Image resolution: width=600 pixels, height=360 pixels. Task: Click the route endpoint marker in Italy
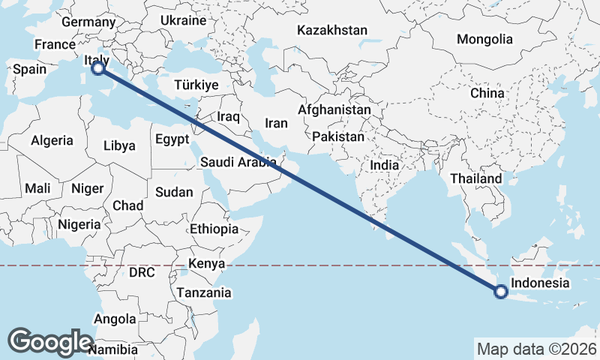click(98, 69)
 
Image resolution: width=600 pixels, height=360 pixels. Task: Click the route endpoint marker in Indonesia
click(500, 292)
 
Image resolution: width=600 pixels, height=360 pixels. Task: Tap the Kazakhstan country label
click(332, 31)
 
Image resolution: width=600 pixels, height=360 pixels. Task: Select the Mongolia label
click(485, 40)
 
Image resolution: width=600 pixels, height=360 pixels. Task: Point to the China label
click(487, 93)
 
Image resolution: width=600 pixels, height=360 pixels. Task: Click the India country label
click(385, 165)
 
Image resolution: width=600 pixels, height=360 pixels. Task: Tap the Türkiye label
click(196, 85)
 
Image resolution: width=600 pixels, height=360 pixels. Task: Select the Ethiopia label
click(214, 229)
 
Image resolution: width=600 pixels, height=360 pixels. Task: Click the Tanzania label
click(204, 292)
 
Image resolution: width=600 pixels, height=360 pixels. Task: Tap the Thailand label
click(476, 179)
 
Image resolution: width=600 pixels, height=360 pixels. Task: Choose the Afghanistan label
click(334, 110)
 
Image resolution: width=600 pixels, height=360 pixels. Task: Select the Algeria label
click(52, 140)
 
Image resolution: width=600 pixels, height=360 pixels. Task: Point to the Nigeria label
click(79, 223)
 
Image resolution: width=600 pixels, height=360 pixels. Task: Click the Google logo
click(50, 342)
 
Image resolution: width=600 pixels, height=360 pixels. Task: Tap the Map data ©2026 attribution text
click(536, 349)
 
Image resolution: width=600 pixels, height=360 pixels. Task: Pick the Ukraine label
click(183, 20)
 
